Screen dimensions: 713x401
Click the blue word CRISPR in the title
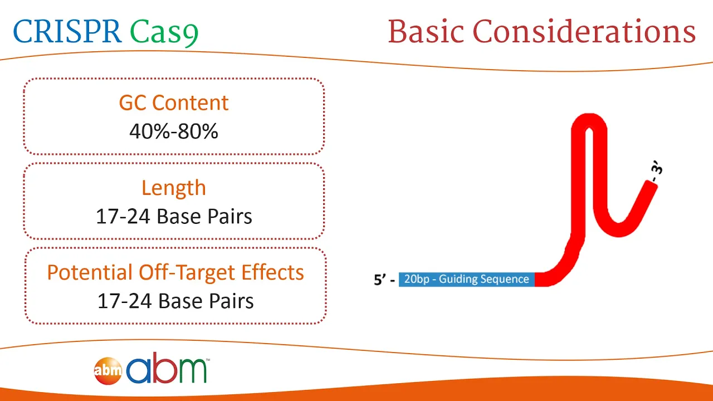[67, 31]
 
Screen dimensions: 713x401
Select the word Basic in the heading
[426, 31]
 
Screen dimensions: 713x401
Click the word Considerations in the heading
[584, 31]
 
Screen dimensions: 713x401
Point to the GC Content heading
[174, 103]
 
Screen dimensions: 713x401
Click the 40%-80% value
[174, 131]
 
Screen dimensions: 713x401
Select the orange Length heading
[174, 188]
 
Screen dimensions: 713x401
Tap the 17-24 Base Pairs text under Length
[174, 217]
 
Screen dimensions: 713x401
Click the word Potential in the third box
[90, 272]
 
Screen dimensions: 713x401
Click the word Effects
[272, 272]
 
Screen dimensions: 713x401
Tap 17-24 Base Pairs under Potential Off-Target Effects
[175, 301]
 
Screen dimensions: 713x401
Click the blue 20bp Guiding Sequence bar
[467, 280]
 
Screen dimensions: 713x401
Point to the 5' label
[380, 280]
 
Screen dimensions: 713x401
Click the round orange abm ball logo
[108, 371]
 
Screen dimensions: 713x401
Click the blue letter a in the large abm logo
[139, 370]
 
